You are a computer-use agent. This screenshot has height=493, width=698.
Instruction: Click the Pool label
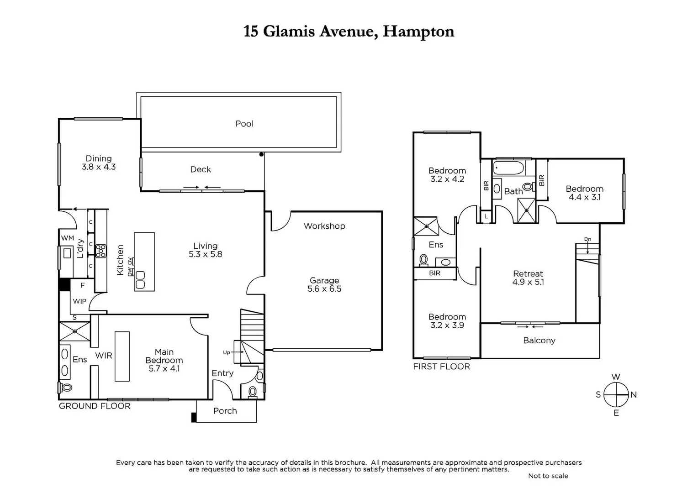click(x=244, y=124)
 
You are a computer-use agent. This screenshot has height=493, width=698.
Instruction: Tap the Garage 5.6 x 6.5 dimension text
click(x=324, y=288)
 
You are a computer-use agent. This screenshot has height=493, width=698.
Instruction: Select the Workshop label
click(x=324, y=226)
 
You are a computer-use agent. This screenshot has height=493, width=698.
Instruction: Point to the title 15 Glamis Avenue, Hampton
click(x=349, y=31)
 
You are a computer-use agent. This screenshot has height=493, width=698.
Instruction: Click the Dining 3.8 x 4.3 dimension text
click(x=99, y=167)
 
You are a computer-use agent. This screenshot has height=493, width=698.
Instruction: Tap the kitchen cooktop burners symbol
click(x=100, y=251)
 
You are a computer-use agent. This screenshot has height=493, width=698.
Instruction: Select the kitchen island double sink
click(x=140, y=280)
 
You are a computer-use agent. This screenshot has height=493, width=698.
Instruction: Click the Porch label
click(x=225, y=411)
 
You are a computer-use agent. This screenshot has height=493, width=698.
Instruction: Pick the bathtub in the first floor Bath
click(x=508, y=168)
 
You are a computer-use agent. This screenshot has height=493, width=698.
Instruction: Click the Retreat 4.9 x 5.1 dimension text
click(x=528, y=282)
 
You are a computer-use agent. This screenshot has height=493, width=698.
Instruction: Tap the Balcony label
click(x=539, y=341)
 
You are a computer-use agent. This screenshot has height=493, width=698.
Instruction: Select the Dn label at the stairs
click(x=587, y=239)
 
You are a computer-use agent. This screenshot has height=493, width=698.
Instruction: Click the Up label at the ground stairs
click(x=227, y=352)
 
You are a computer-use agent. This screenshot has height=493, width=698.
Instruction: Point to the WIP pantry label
click(x=79, y=301)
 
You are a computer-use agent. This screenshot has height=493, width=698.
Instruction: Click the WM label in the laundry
click(x=68, y=238)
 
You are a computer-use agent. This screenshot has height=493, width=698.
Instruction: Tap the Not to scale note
click(x=548, y=476)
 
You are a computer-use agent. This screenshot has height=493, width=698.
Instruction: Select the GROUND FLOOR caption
click(x=95, y=406)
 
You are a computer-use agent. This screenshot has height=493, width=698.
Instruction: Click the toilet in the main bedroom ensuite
click(x=66, y=388)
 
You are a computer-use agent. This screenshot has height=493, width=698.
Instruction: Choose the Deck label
click(x=201, y=169)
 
